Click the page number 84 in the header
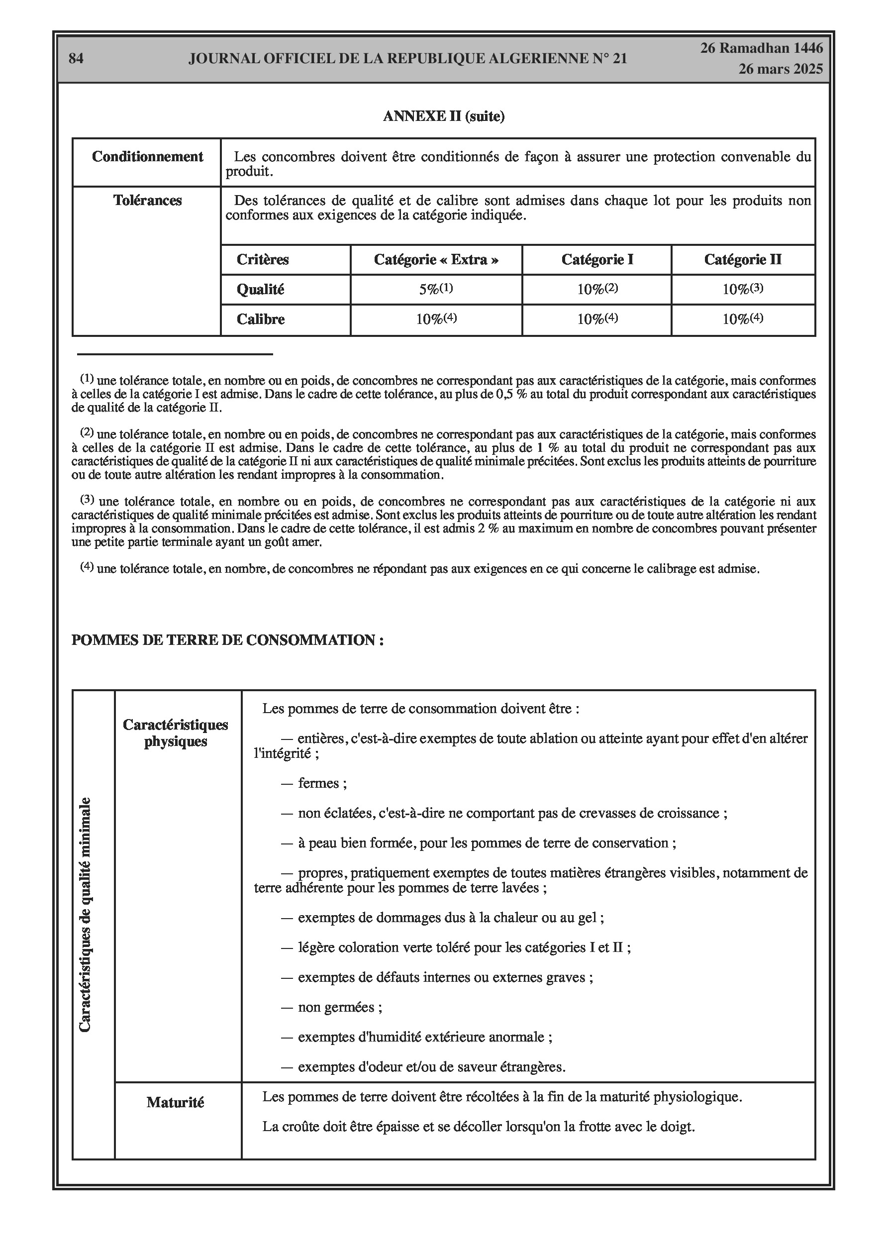[76, 59]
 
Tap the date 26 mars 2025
[780, 69]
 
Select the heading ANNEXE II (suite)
[443, 116]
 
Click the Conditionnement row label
[147, 157]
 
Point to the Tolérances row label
[147, 201]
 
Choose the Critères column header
[262, 259]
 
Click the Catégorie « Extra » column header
[436, 259]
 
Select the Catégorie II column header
[742, 259]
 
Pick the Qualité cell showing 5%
[436, 289]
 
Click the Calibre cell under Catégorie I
[597, 319]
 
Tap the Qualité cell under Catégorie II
[742, 289]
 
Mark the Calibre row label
[260, 319]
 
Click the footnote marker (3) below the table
[88, 500]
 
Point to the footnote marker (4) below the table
[88, 567]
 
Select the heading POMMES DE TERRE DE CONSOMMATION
[227, 640]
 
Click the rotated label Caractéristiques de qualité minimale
[85, 915]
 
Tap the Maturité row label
[175, 1103]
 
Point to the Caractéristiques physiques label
[175, 733]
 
